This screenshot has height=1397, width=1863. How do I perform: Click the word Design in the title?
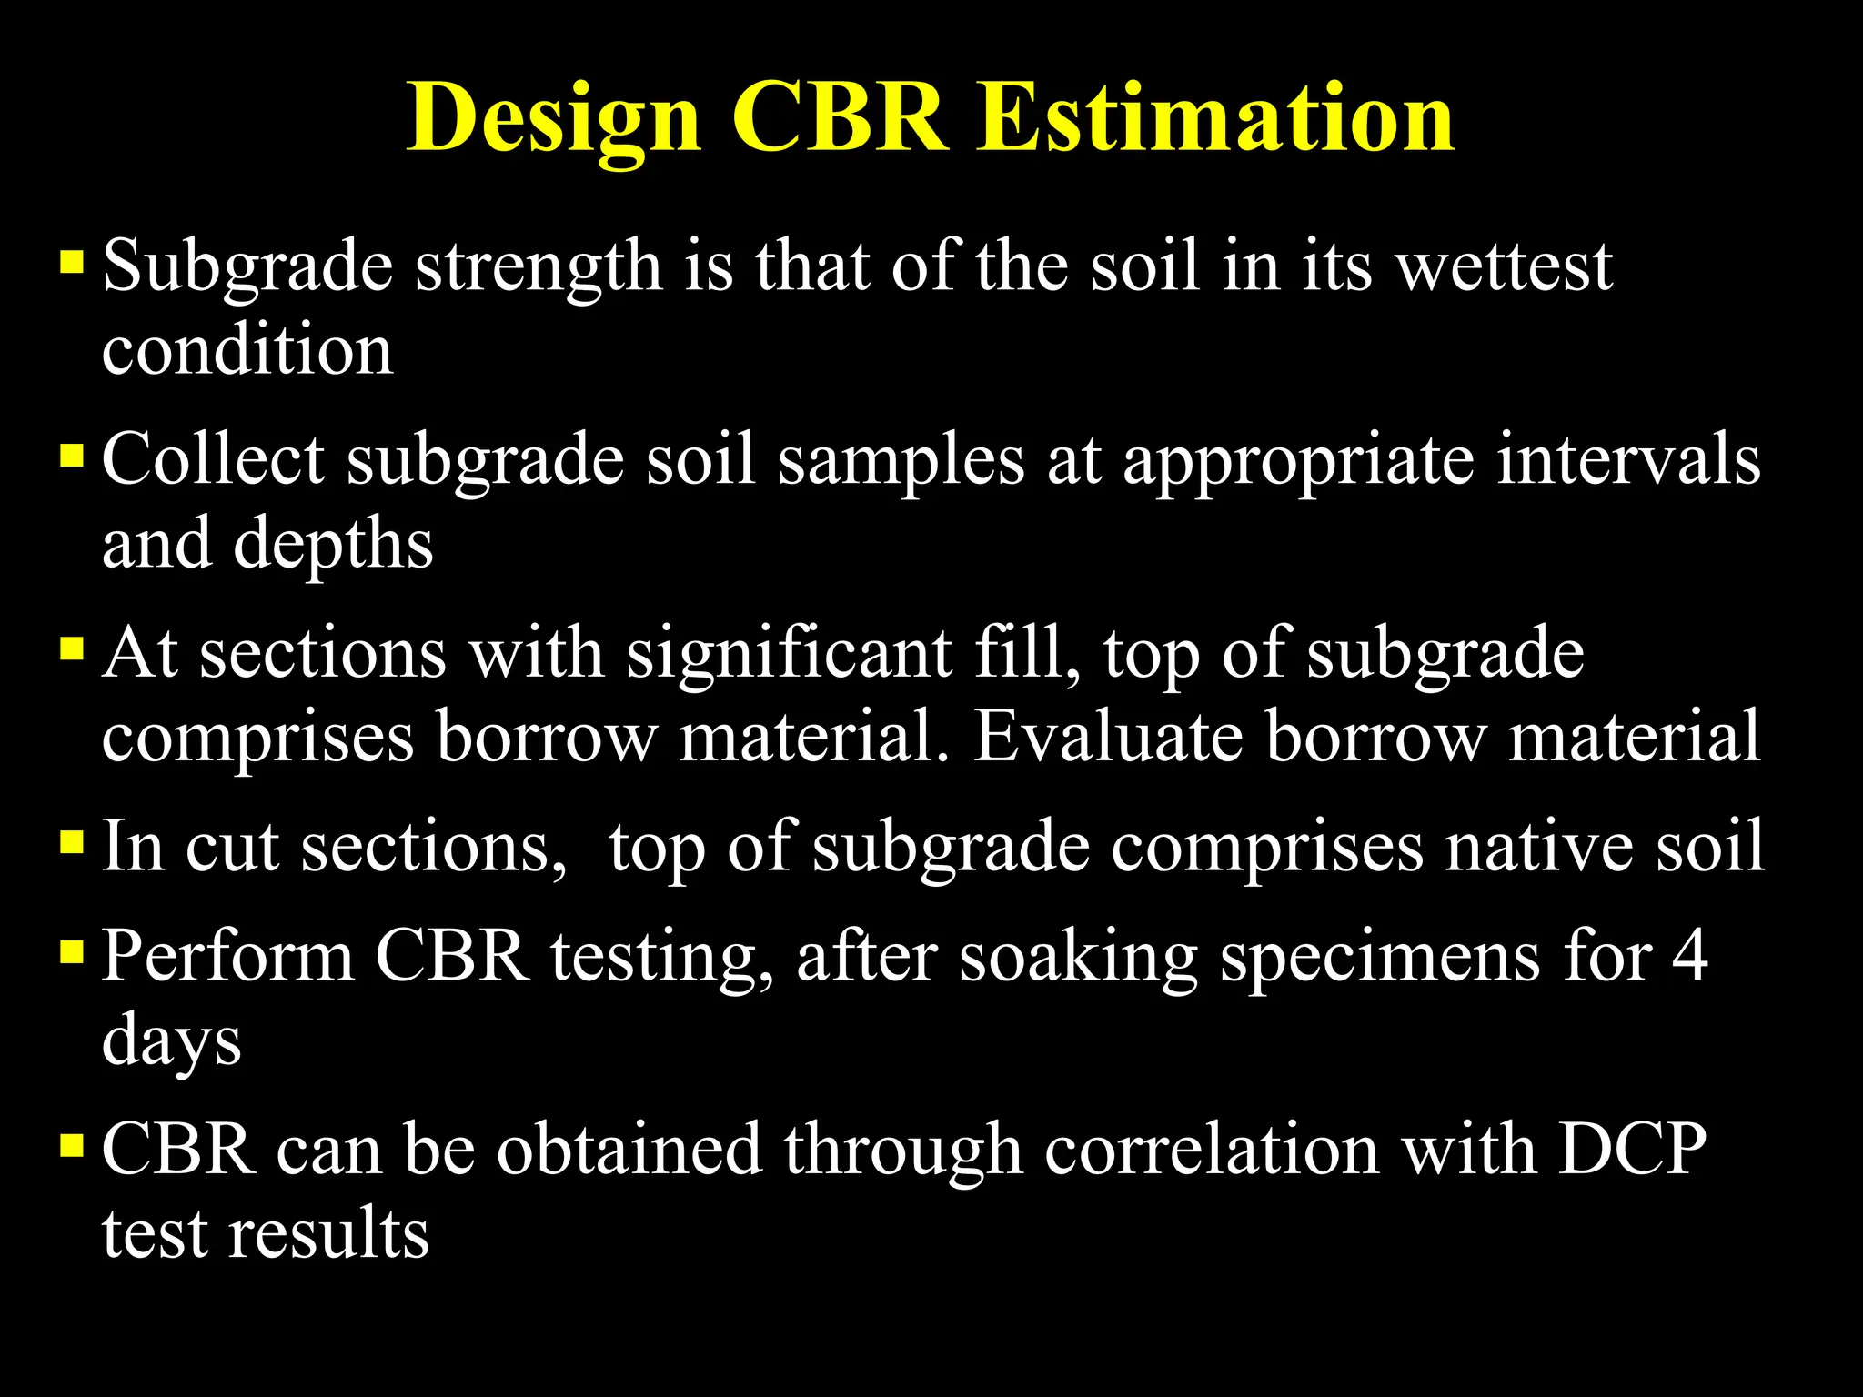tap(553, 118)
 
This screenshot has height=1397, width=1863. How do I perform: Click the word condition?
tap(247, 350)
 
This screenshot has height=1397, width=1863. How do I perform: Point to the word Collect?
tap(213, 459)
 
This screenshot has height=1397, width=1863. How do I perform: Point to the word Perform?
tap(227, 957)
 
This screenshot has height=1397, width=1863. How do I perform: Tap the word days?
tap(171, 1042)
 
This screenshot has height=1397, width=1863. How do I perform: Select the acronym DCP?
tap(1632, 1150)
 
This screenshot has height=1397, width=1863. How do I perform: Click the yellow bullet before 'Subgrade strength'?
tap(72, 263)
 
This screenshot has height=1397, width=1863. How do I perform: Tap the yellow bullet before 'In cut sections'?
tap(72, 843)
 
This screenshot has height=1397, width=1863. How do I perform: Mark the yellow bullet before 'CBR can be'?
tap(72, 1145)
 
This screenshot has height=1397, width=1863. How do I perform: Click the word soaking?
tap(1078, 959)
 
